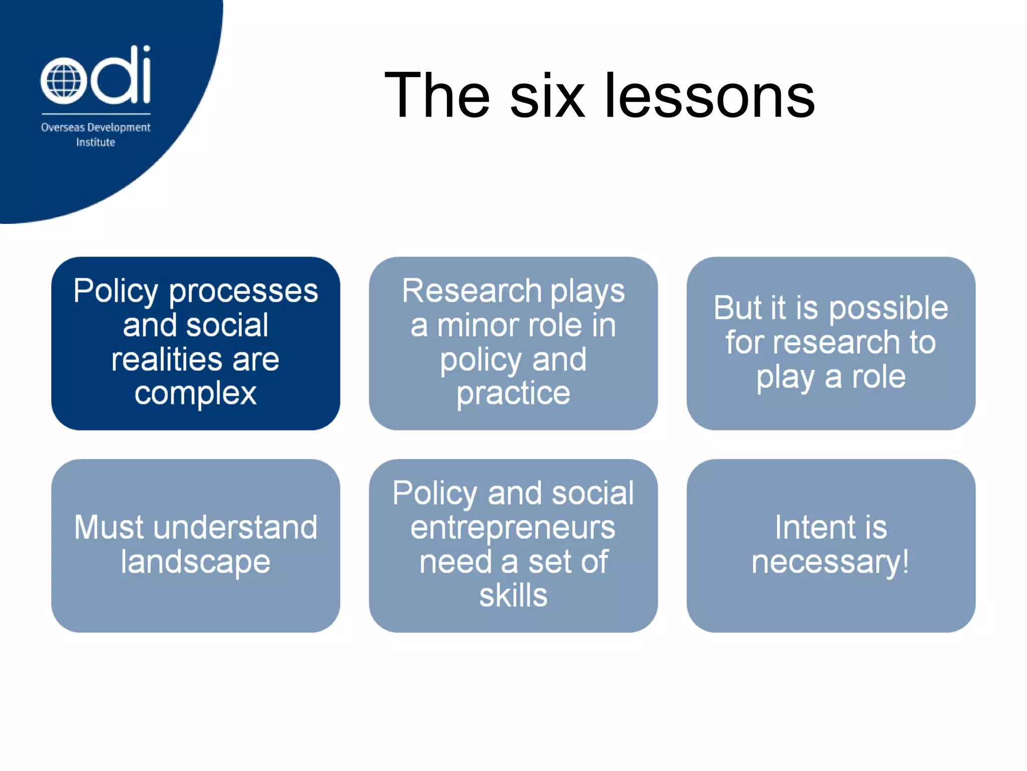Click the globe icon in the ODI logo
(x=64, y=81)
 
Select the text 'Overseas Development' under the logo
(x=95, y=127)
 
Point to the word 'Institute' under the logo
(x=95, y=143)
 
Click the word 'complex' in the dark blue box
(x=196, y=394)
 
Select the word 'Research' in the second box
(x=471, y=291)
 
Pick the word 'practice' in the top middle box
(x=513, y=394)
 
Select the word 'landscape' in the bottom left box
(x=196, y=562)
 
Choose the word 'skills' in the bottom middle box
(x=513, y=596)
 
